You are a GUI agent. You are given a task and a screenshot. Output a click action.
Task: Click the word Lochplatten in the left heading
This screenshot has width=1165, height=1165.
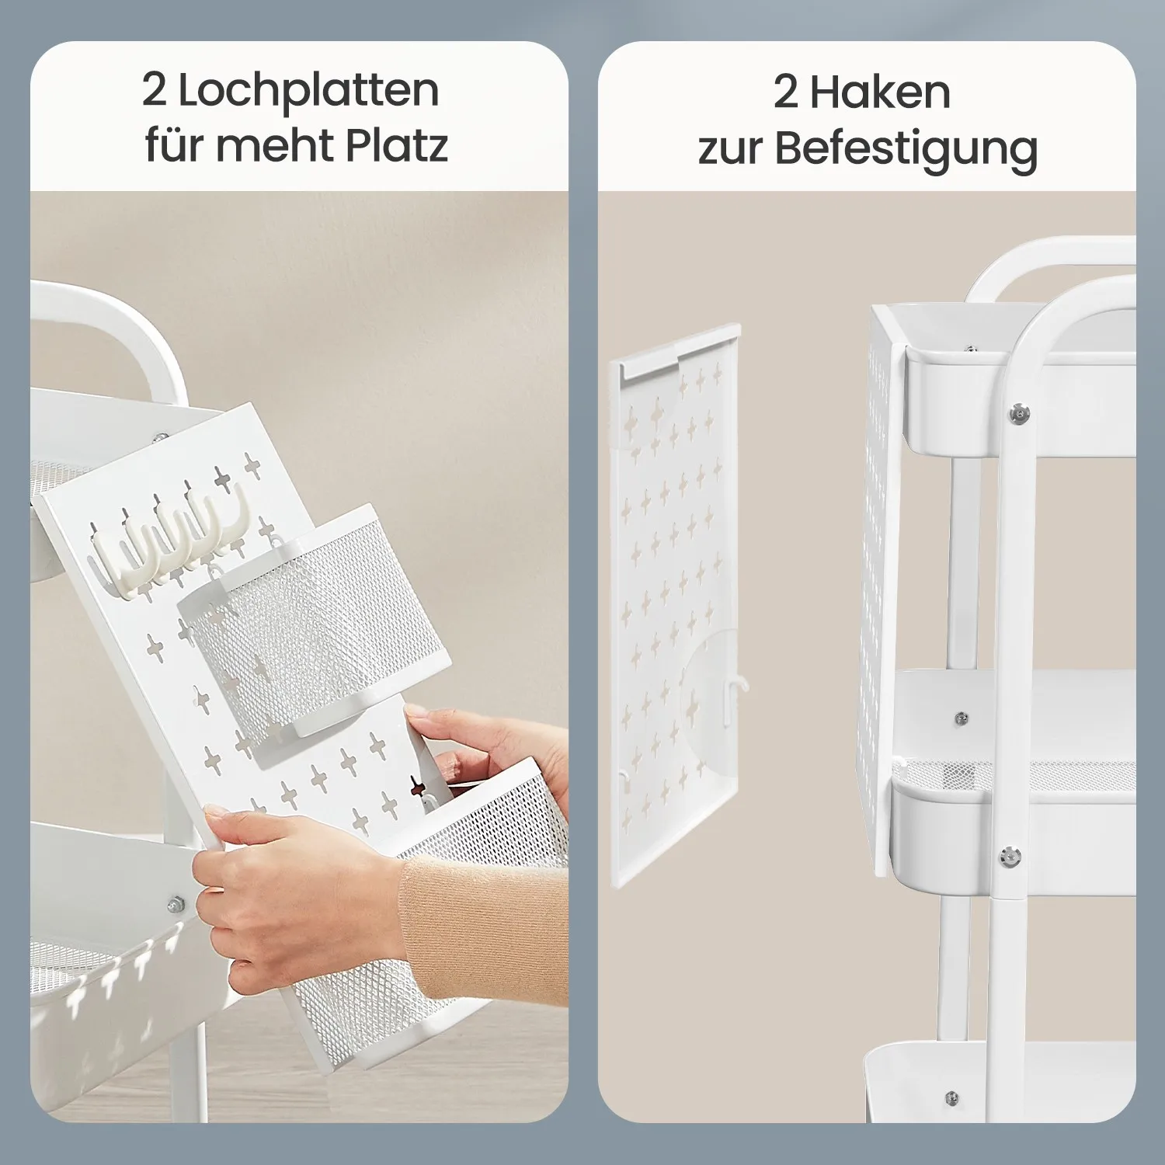pos(309,92)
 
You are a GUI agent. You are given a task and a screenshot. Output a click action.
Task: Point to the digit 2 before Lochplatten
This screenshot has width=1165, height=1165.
pos(154,90)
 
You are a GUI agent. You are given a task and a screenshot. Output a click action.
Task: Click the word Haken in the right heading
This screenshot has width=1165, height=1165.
pos(880,93)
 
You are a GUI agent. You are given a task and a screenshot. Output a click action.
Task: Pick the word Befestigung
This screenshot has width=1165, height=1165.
pos(906,149)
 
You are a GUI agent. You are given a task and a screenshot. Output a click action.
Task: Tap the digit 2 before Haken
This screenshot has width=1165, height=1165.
pos(785,92)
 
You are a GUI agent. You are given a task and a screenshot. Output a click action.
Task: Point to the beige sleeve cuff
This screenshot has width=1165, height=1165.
pos(482,928)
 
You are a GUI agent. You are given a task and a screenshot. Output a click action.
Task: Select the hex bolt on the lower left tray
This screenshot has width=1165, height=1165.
pos(175,904)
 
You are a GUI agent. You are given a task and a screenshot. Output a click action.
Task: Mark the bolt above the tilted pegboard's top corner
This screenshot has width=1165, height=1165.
pos(160,438)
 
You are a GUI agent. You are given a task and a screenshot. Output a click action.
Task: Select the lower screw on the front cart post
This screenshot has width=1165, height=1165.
pos(1010,857)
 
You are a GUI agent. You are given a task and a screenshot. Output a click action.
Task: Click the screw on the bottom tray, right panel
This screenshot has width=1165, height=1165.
pos(952,1098)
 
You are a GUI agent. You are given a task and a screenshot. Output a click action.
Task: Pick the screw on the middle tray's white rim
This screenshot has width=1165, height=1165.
pos(961,718)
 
